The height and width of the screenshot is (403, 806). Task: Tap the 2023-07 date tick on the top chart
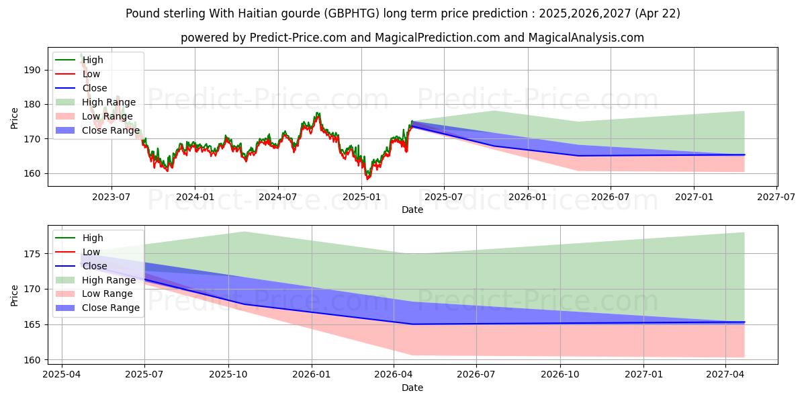[111, 196]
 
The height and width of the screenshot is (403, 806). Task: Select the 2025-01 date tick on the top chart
[361, 196]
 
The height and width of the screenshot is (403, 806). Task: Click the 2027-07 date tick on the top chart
[776, 196]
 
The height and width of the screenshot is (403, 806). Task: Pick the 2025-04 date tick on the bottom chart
[62, 375]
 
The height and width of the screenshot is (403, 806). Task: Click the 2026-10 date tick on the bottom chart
[560, 375]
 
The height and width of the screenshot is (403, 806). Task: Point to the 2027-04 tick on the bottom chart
[726, 375]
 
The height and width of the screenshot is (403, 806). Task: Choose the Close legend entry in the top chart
[95, 88]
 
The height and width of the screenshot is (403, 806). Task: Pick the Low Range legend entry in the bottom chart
[107, 294]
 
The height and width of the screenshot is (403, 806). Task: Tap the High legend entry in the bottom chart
[93, 238]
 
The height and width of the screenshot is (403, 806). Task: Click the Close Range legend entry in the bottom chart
[111, 308]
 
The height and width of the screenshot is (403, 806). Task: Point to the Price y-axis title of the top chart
[15, 118]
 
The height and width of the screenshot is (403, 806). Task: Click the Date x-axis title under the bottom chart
[412, 388]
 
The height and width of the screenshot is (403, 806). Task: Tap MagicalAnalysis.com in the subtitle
[588, 38]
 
